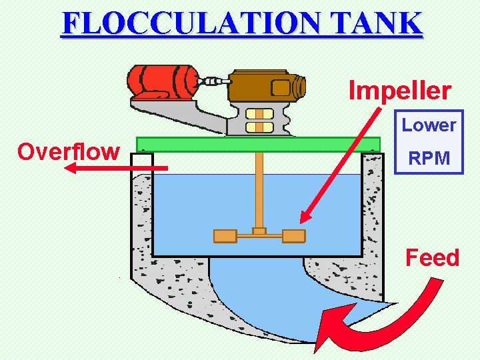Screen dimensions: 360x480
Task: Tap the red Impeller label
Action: [400, 91]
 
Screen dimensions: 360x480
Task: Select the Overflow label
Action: [69, 152]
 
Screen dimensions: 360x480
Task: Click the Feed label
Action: [433, 257]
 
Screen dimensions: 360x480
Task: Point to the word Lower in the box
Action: [429, 125]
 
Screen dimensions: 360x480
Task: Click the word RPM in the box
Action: [429, 159]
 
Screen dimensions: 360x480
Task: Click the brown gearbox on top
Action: [266, 87]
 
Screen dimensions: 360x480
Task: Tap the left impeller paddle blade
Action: [225, 235]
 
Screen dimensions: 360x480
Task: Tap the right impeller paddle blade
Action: [293, 235]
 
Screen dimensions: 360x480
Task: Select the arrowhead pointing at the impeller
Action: [305, 216]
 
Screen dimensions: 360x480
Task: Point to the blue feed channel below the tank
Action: [260, 293]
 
